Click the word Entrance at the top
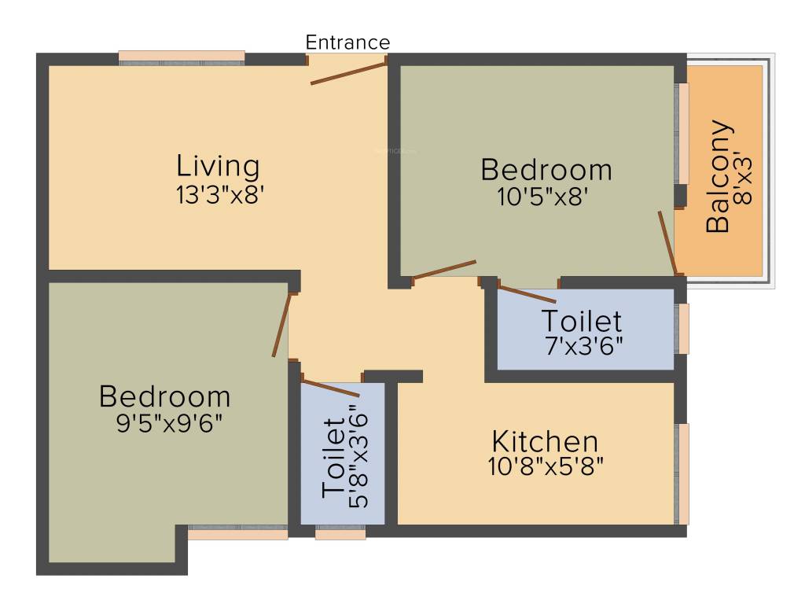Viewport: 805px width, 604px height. (347, 42)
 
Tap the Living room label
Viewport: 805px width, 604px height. (218, 167)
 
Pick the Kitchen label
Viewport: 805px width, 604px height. (545, 441)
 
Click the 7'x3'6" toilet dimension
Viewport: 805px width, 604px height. (583, 347)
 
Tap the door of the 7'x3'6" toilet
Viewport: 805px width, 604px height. (527, 294)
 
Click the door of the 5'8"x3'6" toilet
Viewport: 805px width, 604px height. (330, 387)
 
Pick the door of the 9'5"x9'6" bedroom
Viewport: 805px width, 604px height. (281, 325)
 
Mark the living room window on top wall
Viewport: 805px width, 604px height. (182, 57)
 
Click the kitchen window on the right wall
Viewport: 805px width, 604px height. (682, 473)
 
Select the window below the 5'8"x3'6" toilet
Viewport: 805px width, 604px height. (340, 535)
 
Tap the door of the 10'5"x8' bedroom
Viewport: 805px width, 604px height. (444, 269)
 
